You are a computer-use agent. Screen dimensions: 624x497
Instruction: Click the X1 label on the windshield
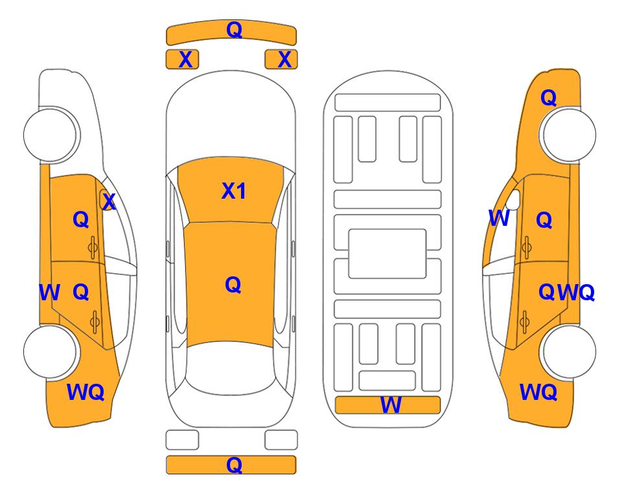point(234,191)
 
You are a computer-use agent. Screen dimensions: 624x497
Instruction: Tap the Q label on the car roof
point(233,285)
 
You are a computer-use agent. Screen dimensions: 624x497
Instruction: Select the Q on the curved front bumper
point(234,30)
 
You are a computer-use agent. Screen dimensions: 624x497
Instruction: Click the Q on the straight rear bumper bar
point(234,465)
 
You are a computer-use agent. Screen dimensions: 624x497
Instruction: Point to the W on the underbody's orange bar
point(391,405)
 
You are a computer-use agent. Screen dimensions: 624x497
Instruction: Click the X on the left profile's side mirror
point(109,201)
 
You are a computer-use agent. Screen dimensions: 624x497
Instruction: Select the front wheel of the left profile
point(51,135)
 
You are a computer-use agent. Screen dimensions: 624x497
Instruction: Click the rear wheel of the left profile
point(51,352)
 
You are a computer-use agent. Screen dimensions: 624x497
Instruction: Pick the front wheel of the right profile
point(569,135)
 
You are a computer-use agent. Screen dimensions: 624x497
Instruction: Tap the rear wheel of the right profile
point(569,351)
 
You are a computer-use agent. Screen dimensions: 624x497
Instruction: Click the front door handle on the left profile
point(93,248)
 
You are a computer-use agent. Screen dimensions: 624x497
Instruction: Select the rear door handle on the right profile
point(524,322)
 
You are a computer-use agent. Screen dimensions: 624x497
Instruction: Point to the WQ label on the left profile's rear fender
point(86,392)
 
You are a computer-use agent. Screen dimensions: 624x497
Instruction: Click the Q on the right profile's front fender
point(548,98)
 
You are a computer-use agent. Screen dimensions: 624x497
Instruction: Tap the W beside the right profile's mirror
point(499,218)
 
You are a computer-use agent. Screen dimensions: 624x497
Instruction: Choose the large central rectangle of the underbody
point(387,254)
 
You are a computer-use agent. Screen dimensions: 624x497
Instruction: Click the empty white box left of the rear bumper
point(182,440)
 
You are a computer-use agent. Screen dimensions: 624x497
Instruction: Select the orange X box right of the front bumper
point(281,60)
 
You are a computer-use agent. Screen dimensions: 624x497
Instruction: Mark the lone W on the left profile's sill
point(49,293)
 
